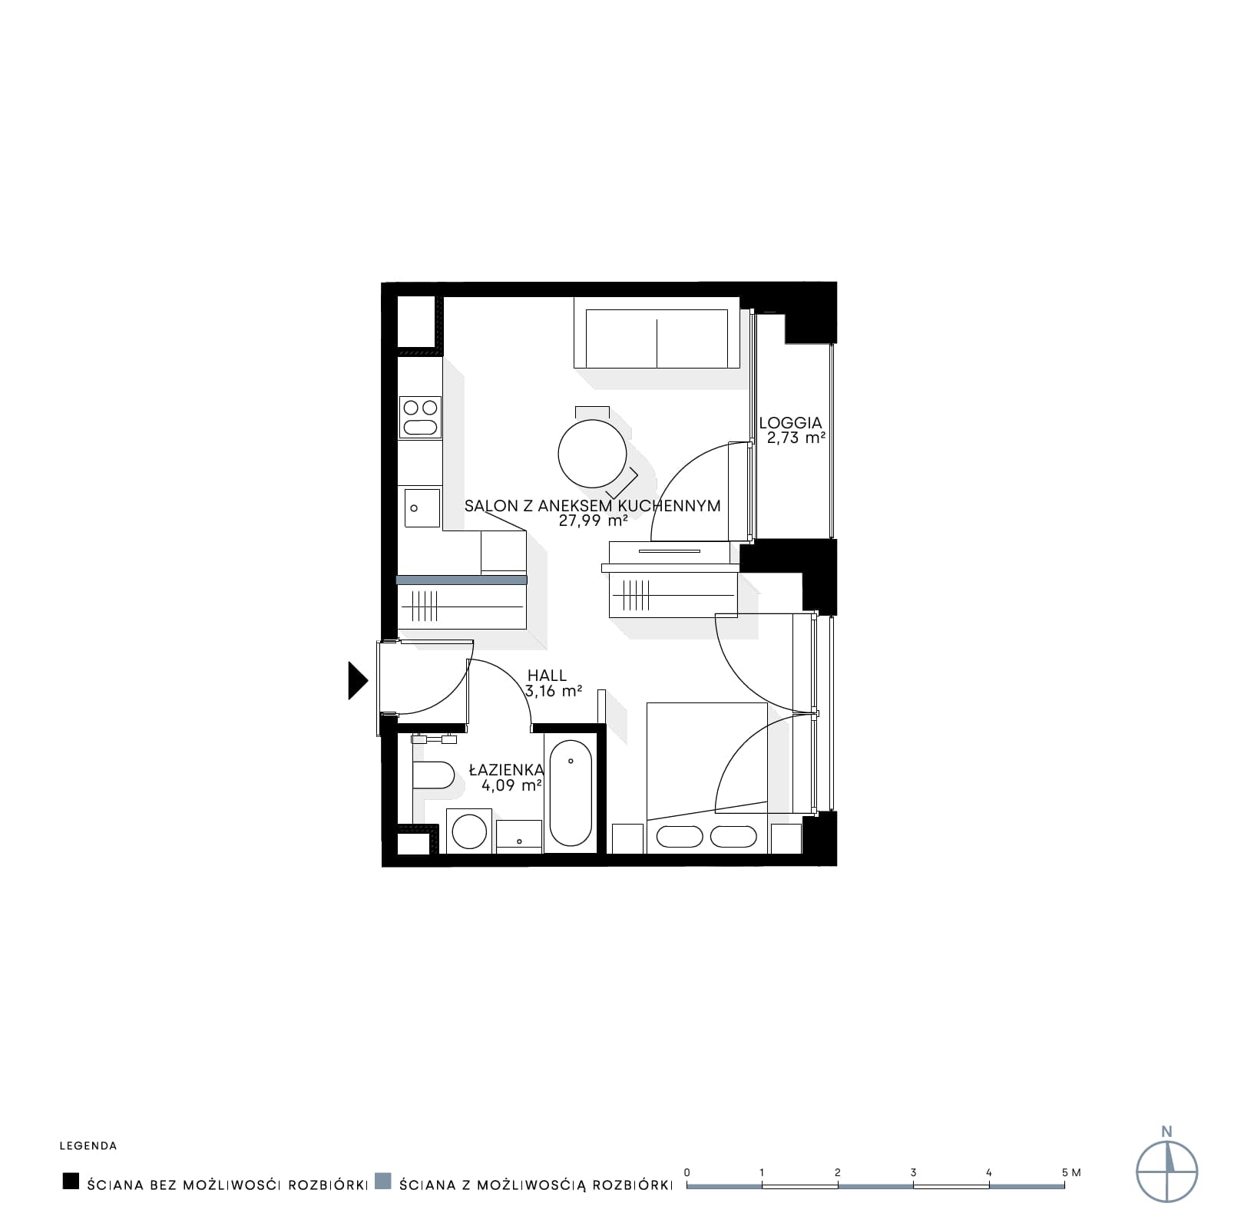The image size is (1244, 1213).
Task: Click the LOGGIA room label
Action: point(790,422)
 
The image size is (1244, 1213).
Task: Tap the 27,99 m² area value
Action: point(593,521)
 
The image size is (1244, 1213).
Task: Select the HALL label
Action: point(547,676)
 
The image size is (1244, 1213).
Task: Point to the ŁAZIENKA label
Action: point(506,769)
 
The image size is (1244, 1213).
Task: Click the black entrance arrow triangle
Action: point(357,680)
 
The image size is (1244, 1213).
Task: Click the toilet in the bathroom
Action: point(432,775)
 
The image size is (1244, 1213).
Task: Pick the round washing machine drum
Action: point(469,831)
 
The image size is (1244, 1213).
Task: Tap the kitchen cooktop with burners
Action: point(421,418)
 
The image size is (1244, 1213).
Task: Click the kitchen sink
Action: point(421,508)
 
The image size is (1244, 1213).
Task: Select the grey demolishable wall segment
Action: point(462,580)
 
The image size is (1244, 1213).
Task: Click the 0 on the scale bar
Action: point(687,1172)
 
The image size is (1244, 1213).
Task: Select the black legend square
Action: point(71,1181)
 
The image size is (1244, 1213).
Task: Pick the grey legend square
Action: point(383,1181)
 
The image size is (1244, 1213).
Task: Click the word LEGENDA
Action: point(88,1146)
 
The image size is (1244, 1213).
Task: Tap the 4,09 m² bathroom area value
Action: point(512,785)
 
